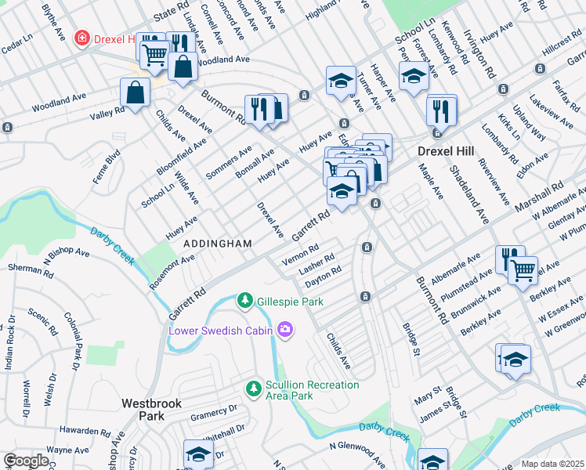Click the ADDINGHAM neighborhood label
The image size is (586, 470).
tap(218, 244)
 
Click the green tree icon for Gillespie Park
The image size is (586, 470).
tap(245, 301)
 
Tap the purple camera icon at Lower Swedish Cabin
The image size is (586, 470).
tap(285, 330)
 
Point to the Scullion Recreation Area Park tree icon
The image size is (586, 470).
tap(253, 389)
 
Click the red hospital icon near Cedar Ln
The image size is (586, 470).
tap(81, 38)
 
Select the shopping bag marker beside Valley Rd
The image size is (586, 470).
tap(136, 92)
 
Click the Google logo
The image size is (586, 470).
tap(26, 461)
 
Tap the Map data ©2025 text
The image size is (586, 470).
tap(552, 464)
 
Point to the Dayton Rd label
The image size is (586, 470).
tap(323, 275)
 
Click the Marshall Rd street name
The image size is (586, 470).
tap(540, 197)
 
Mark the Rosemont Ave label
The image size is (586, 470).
tap(172, 270)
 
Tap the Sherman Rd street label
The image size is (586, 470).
tap(30, 268)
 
